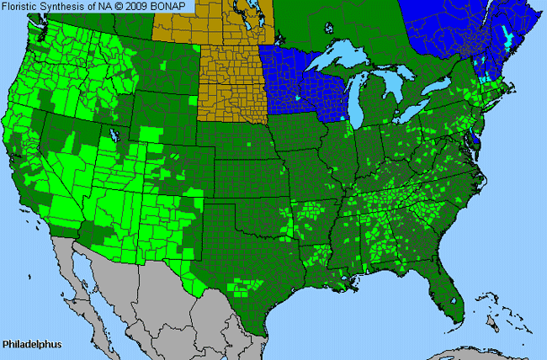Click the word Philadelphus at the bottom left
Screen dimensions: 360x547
[x=31, y=345]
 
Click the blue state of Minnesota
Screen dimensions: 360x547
[x=286, y=76]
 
